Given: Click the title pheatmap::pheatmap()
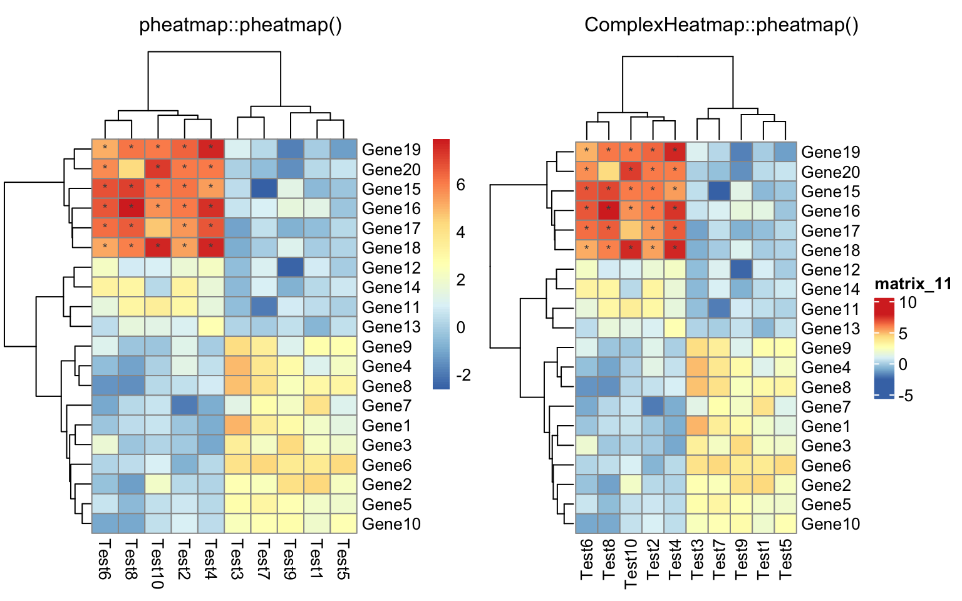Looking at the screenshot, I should pyautogui.click(x=240, y=25).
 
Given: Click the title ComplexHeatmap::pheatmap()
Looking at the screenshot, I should pyautogui.click(x=721, y=25).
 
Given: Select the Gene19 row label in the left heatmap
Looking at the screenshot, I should pyautogui.click(x=391, y=150).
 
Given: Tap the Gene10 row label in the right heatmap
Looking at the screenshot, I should pyautogui.click(x=830, y=524).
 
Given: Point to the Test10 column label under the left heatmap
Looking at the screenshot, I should pyautogui.click(x=158, y=563).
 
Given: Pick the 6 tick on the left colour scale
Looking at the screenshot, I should pyautogui.click(x=461, y=185).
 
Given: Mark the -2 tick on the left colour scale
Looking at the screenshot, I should pyautogui.click(x=463, y=375).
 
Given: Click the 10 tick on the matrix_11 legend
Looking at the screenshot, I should pyautogui.click(x=908, y=303).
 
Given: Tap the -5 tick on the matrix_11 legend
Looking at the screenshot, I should pyautogui.click(x=906, y=396).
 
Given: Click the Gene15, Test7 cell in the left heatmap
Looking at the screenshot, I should pyautogui.click(x=264, y=188).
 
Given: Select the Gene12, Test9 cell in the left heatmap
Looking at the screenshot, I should pyautogui.click(x=290, y=267).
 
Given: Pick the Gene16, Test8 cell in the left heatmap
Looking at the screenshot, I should pyautogui.click(x=132, y=208).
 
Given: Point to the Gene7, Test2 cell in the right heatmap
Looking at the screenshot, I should pyautogui.click(x=653, y=407).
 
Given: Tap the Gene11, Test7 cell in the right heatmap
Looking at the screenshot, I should pyautogui.click(x=719, y=309).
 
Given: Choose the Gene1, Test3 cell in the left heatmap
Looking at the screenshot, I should pyautogui.click(x=237, y=426).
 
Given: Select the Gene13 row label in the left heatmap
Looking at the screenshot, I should pyautogui.click(x=391, y=327).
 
